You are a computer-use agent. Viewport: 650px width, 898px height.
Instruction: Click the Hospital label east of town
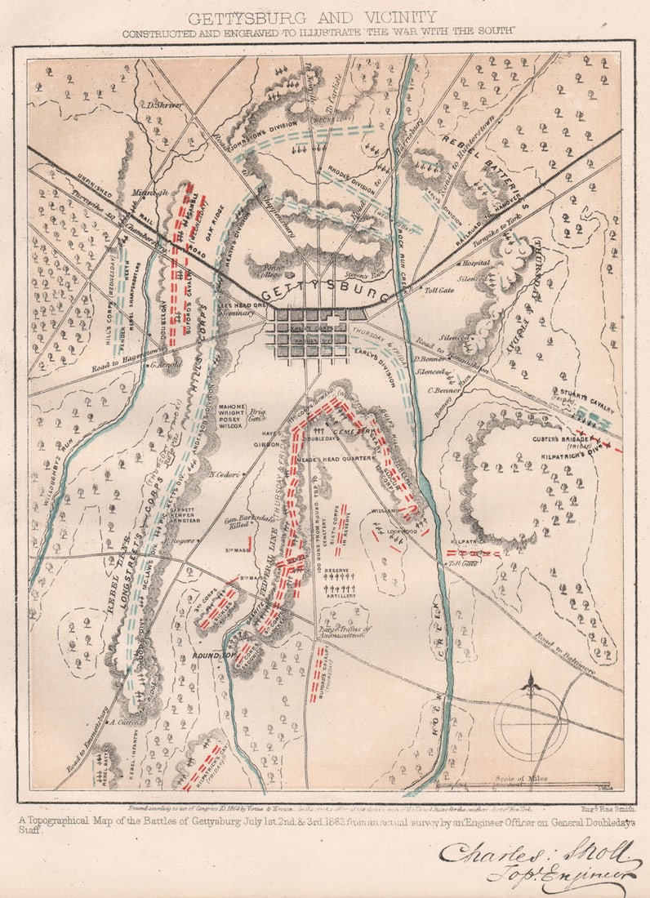475,264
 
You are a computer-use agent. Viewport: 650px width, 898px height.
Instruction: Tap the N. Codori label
223,473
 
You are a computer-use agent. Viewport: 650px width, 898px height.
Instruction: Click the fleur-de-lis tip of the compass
532,680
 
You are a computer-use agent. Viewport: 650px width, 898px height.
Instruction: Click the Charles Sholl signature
539,861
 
